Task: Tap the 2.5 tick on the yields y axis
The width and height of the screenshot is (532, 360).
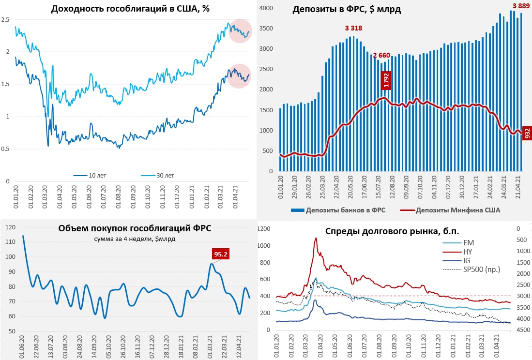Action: tap(6, 19)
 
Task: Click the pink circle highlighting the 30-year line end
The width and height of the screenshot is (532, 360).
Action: tap(241, 31)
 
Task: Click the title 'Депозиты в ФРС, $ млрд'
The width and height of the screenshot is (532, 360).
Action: tap(347, 10)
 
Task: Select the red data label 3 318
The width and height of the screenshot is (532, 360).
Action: tap(353, 28)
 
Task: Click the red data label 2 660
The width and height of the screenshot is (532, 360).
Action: tap(381, 55)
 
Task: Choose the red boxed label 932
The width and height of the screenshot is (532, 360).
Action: tap(527, 132)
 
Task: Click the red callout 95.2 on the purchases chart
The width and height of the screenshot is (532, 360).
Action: tap(221, 254)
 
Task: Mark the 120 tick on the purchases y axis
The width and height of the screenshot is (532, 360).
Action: tap(9, 227)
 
